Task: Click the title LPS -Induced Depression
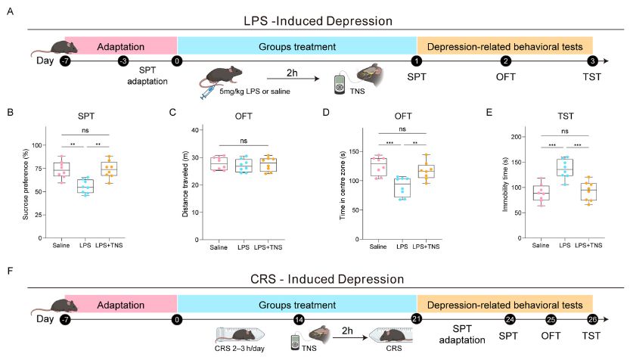click(318, 21)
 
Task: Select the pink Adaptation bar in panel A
click(120, 46)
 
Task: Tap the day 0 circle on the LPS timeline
click(177, 61)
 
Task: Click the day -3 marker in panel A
click(123, 61)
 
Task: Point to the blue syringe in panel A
click(207, 92)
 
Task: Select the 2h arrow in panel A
click(293, 79)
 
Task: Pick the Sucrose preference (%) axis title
click(26, 185)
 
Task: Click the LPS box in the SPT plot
click(85, 186)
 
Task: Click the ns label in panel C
click(244, 141)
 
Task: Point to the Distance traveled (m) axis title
click(185, 185)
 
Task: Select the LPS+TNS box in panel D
click(427, 172)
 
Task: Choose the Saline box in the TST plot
click(542, 193)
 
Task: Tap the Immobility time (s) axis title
click(505, 185)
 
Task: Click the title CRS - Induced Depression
click(327, 279)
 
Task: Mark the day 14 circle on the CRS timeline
click(299, 319)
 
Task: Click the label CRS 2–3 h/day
click(240, 349)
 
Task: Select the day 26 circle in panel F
click(593, 319)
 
